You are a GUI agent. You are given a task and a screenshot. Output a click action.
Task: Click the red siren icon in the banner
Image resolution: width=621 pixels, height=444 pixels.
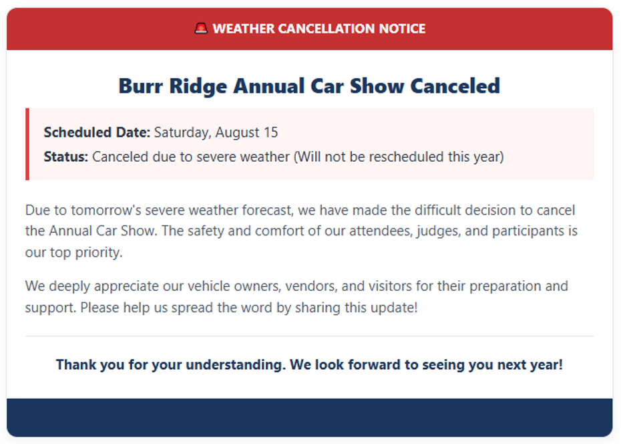201,29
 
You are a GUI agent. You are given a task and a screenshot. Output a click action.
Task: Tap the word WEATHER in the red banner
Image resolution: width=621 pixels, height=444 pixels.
244,29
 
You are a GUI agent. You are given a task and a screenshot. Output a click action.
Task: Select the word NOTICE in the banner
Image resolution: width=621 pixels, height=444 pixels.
402,29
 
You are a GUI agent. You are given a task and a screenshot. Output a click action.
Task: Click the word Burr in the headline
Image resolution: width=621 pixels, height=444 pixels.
141,86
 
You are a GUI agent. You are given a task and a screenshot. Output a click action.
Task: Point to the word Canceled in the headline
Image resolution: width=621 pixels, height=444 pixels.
455,86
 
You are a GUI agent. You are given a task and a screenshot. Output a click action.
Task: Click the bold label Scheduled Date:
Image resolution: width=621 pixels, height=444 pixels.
97,132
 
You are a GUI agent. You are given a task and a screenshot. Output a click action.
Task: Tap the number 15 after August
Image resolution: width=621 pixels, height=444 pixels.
271,132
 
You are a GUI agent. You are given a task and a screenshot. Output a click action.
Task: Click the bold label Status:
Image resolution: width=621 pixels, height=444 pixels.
65,157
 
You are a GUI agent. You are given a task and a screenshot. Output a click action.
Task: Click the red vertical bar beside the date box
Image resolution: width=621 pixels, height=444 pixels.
27,144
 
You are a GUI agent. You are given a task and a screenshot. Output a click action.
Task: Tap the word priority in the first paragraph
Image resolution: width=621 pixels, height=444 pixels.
99,253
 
